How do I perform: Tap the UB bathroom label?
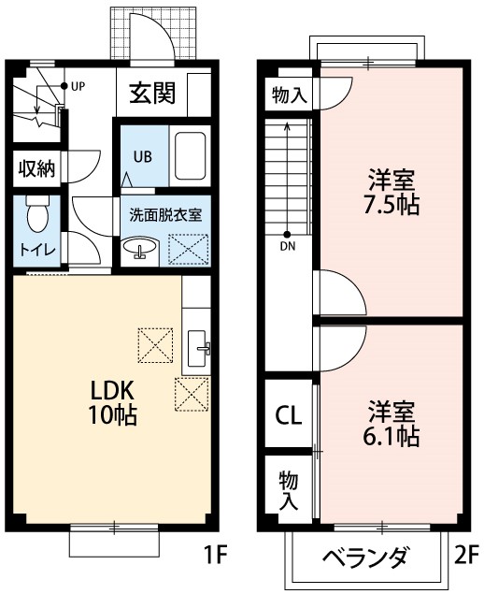(x=142, y=155)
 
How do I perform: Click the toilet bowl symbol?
(x=37, y=214)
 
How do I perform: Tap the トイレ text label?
(x=37, y=250)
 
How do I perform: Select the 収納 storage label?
(x=37, y=169)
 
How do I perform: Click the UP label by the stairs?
(x=77, y=86)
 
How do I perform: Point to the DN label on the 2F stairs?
(x=287, y=246)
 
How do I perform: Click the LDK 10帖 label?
(x=113, y=402)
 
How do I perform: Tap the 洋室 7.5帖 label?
(x=391, y=190)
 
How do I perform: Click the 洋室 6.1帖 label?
(x=391, y=422)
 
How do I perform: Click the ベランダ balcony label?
(x=365, y=558)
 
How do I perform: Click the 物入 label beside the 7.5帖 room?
(x=289, y=94)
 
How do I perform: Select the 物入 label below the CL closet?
(x=289, y=489)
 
